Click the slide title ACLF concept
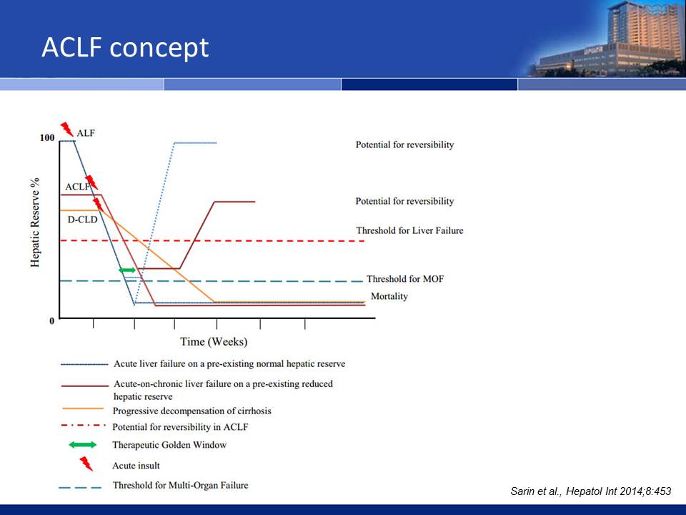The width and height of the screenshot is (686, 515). tap(125, 48)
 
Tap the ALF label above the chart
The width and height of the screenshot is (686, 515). tap(85, 133)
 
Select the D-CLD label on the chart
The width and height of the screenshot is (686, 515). tap(82, 220)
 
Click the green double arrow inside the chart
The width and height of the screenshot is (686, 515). tap(127, 270)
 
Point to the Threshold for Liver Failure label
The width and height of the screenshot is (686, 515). tap(409, 230)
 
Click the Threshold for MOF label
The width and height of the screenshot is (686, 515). tap(405, 279)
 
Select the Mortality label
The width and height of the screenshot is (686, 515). tap(389, 296)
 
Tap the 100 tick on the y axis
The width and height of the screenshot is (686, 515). tap(47, 138)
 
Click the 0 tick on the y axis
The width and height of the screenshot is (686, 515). tap(52, 321)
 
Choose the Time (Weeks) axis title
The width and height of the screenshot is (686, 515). tap(214, 342)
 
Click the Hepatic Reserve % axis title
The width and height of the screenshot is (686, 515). tap(35, 222)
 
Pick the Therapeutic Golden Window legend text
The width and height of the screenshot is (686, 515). tap(169, 445)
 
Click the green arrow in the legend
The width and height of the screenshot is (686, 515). tap(83, 445)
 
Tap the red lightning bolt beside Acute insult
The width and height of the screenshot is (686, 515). tap(86, 463)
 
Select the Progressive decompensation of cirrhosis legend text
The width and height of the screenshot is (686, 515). tap(192, 411)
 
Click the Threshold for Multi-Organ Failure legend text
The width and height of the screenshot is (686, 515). tap(180, 485)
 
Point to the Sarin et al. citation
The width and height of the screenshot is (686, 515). tap(591, 491)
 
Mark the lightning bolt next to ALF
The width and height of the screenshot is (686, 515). tap(67, 129)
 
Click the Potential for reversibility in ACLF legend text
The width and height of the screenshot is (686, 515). tap(180, 427)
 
